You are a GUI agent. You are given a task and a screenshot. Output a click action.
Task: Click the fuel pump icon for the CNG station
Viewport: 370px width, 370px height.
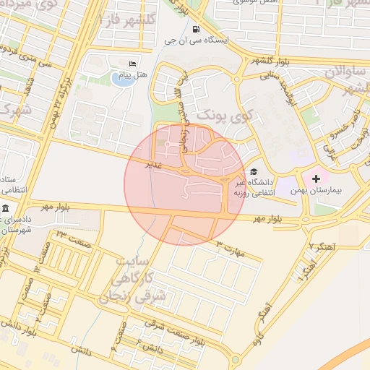pyautogui.click(x=197, y=30)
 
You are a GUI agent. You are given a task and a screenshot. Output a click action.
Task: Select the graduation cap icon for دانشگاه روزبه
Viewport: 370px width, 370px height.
pyautogui.click(x=253, y=172)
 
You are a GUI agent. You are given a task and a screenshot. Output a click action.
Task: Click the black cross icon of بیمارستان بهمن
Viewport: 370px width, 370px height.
pyautogui.click(x=316, y=178)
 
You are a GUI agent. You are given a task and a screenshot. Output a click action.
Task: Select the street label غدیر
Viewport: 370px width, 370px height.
pyautogui.click(x=153, y=165)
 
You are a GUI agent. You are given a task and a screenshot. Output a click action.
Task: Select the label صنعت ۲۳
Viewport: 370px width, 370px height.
pyautogui.click(x=70, y=234)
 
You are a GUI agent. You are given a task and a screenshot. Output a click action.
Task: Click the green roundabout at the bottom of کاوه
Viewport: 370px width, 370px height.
pyautogui.click(x=235, y=359)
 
